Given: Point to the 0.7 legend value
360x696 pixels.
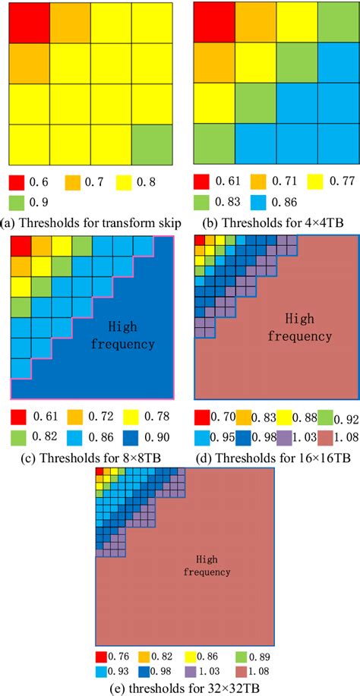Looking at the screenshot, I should coord(99,184).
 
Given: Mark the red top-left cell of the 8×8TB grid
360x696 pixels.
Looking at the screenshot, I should coord(21,246).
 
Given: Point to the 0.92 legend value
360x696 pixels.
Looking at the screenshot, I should coord(346,418).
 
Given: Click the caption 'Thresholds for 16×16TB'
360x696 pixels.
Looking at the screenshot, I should coord(278,458).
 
